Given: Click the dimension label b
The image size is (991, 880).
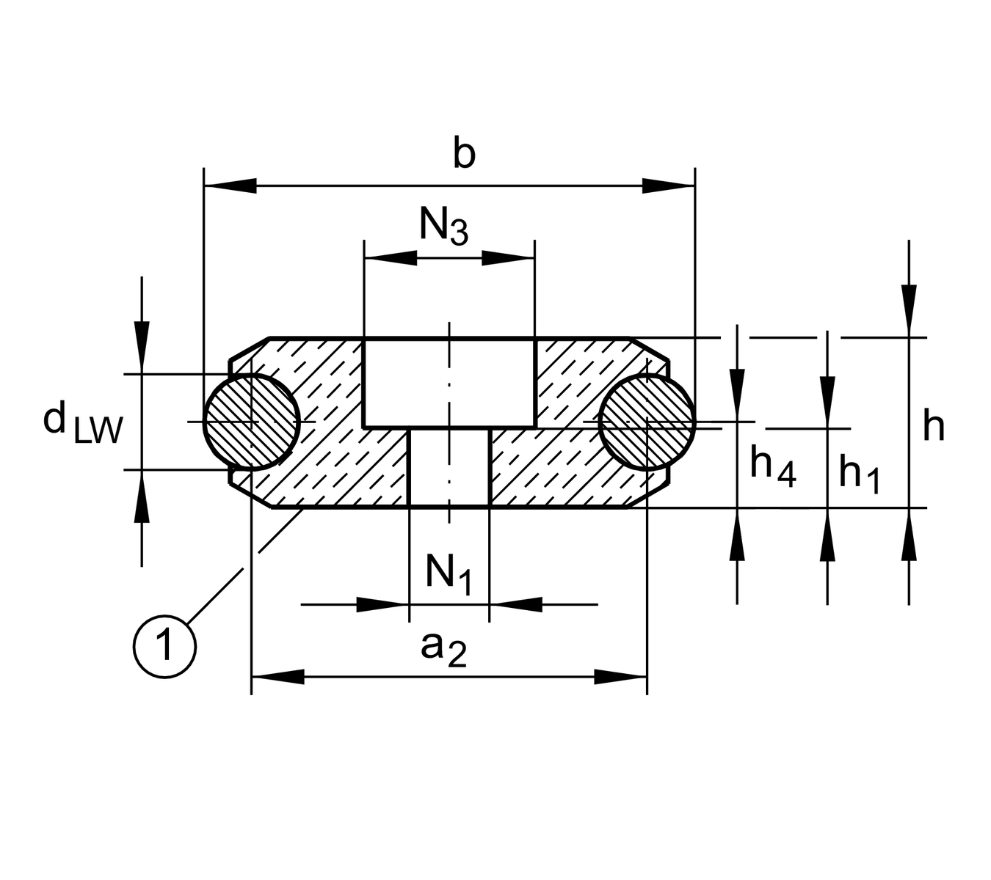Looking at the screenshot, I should tap(464, 155).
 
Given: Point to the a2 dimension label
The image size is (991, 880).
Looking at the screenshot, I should tap(443, 648).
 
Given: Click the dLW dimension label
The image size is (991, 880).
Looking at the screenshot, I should tap(81, 425).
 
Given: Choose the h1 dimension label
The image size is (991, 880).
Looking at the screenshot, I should tap(859, 472).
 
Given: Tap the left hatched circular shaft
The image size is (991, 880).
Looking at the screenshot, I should tap(252, 422).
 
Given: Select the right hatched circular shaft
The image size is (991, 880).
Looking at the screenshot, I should tap(647, 422).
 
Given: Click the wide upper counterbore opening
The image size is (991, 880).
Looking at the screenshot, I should tap(449, 382).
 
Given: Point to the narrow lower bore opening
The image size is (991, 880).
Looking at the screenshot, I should tap(449, 467).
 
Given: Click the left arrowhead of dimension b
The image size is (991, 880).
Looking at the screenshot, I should tap(230, 186).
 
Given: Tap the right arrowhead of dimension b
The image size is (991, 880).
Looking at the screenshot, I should tap(668, 186).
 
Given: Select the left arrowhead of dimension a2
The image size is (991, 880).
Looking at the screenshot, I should tap(278, 676).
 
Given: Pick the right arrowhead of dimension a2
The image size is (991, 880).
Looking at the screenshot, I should tap(620, 676).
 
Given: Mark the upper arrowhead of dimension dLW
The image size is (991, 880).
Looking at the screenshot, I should tap(142, 348).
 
